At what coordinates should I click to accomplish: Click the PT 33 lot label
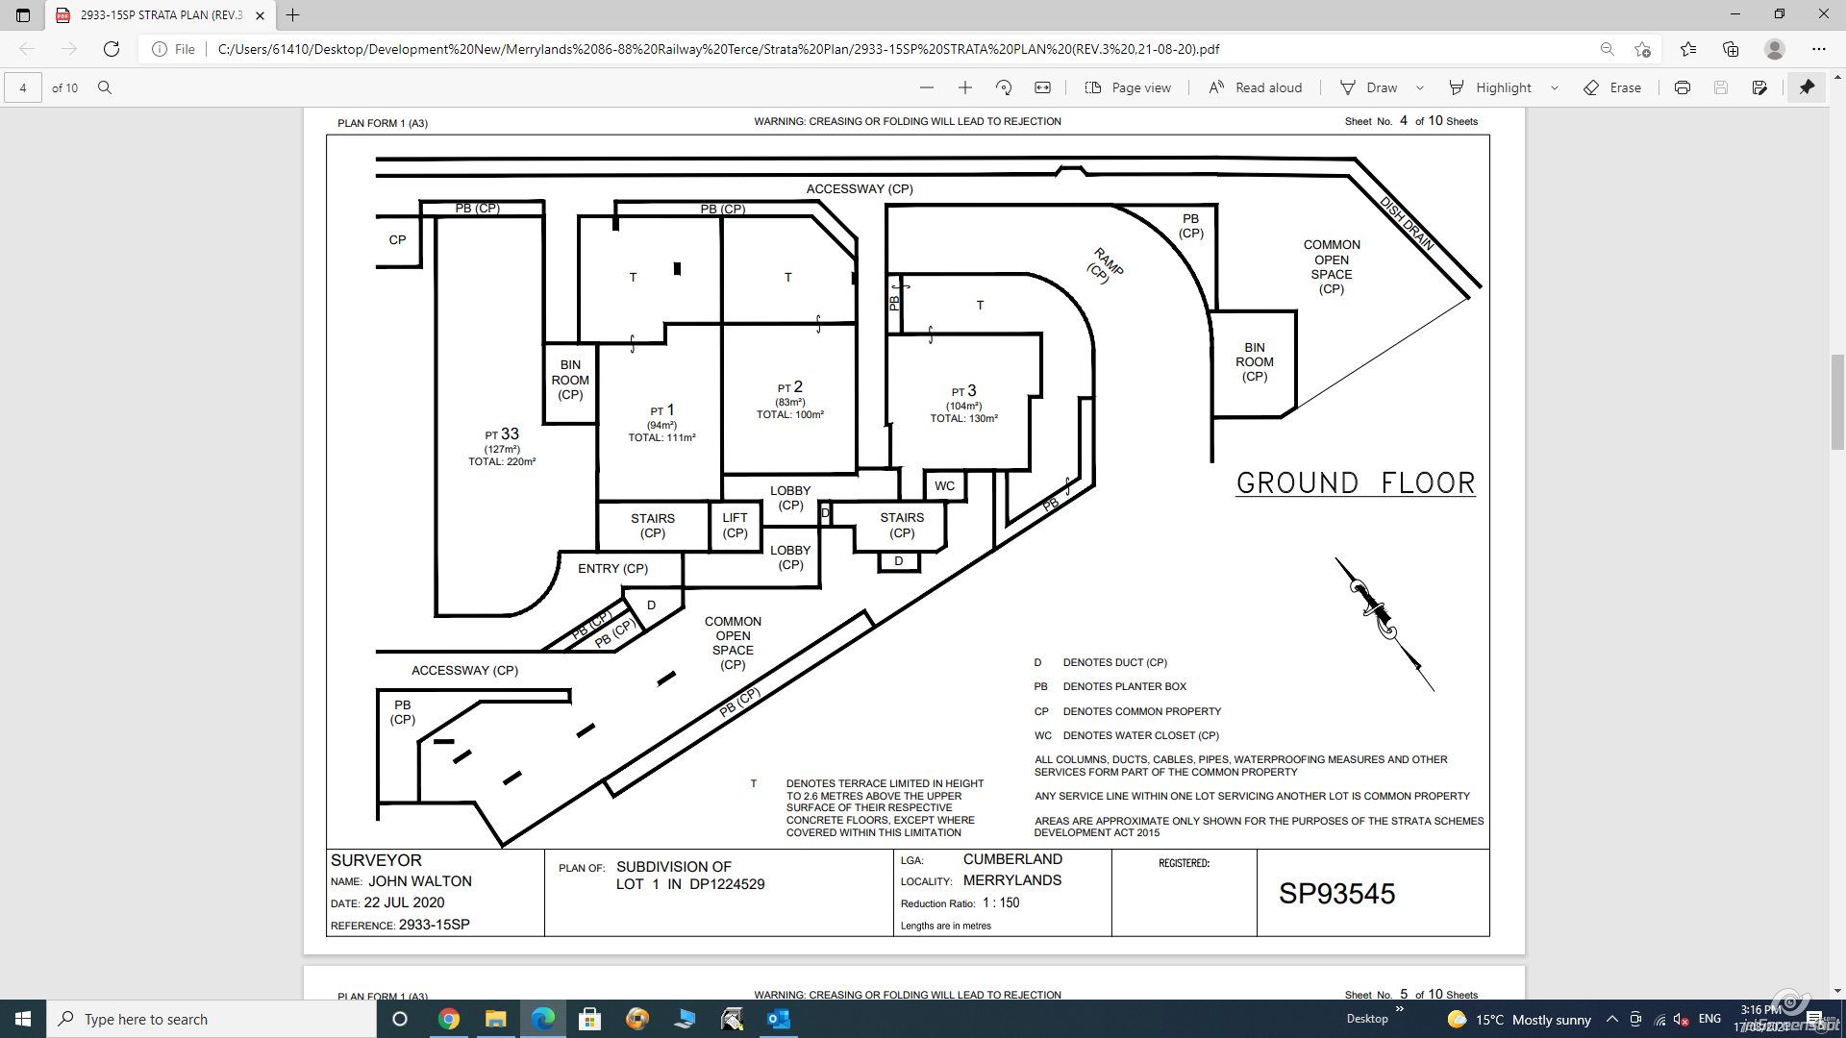[x=502, y=434]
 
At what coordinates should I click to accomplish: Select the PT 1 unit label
[x=662, y=410]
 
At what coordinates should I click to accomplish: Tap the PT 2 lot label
[x=790, y=387]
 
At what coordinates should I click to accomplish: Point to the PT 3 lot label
[x=964, y=391]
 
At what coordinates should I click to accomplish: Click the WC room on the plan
[x=945, y=485]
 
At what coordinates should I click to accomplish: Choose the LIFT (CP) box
[x=736, y=526]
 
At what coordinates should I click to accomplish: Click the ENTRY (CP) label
[x=612, y=568]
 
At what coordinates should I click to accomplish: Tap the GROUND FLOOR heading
[x=1356, y=482]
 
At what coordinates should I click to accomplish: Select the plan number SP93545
[x=1336, y=894]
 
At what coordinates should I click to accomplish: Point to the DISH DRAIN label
[x=1407, y=224]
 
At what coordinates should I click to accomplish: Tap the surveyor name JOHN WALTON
[x=420, y=881]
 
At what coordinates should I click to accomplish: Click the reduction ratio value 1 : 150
[x=1001, y=903]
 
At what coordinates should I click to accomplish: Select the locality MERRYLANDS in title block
[x=1012, y=880]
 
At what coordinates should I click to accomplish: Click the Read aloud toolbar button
[x=1255, y=87]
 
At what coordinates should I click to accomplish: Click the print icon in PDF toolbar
[x=1682, y=87]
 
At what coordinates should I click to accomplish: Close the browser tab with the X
[x=260, y=15]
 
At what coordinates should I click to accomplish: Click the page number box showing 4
[x=23, y=87]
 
